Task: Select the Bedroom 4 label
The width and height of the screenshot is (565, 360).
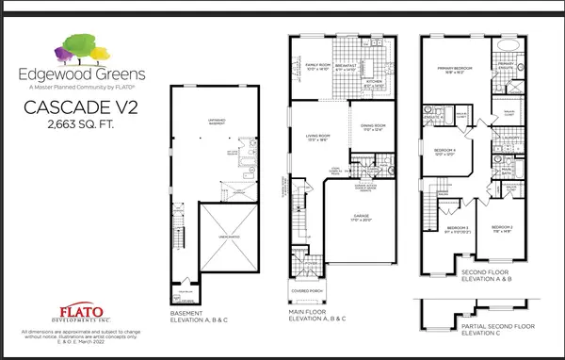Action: [x=445, y=151]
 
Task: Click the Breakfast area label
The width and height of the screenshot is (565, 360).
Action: [x=347, y=67]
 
